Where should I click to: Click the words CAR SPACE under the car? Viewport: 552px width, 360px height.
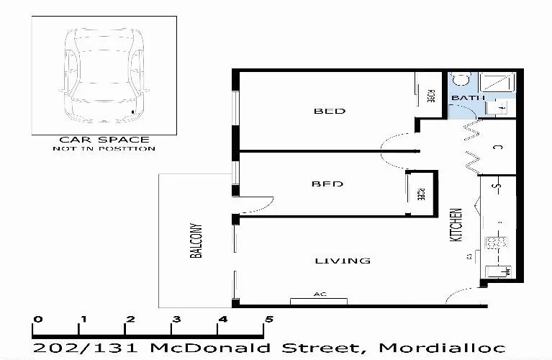104,140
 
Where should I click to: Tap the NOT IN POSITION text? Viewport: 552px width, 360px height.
104,149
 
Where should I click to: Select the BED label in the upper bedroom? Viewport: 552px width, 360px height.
330,111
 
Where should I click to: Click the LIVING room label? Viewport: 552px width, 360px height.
343,260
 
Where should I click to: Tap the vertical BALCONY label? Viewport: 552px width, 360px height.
195,240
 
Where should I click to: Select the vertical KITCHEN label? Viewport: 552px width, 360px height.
456,225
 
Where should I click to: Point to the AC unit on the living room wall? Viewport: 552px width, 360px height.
319,299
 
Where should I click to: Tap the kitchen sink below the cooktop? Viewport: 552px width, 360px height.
497,271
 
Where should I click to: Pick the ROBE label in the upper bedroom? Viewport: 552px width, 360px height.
431,96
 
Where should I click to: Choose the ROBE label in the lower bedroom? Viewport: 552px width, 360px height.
421,194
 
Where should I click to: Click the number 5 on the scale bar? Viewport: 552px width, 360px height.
269,319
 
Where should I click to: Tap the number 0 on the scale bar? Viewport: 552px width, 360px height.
37,319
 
